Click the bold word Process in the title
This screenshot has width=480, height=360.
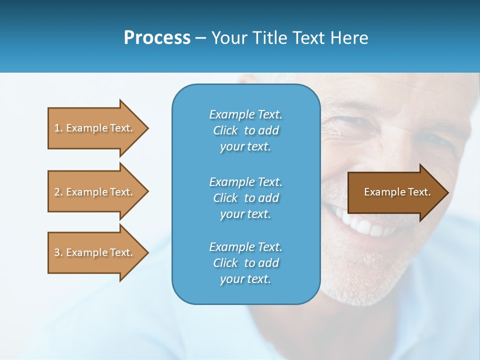point(157,38)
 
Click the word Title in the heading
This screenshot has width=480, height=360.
point(269,38)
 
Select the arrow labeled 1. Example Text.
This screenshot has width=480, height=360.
point(95,128)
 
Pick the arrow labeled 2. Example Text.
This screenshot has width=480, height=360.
point(95,192)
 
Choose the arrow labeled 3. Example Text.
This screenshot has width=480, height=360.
point(95,252)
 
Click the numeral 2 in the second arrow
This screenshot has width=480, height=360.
point(57,192)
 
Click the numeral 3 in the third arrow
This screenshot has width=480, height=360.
point(57,252)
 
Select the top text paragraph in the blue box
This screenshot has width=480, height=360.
point(245,130)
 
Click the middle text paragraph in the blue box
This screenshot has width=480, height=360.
point(245,198)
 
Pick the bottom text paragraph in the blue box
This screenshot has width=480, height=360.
point(245,263)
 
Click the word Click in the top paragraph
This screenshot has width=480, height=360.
point(225,130)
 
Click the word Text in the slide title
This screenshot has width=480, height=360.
point(308,38)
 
